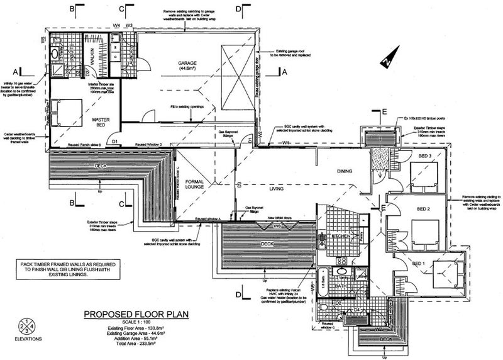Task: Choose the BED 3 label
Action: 425,155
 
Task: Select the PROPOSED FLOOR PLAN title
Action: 138,315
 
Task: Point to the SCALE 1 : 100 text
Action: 138,322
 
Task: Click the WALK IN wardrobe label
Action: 92,59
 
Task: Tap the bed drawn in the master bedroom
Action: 65,113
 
